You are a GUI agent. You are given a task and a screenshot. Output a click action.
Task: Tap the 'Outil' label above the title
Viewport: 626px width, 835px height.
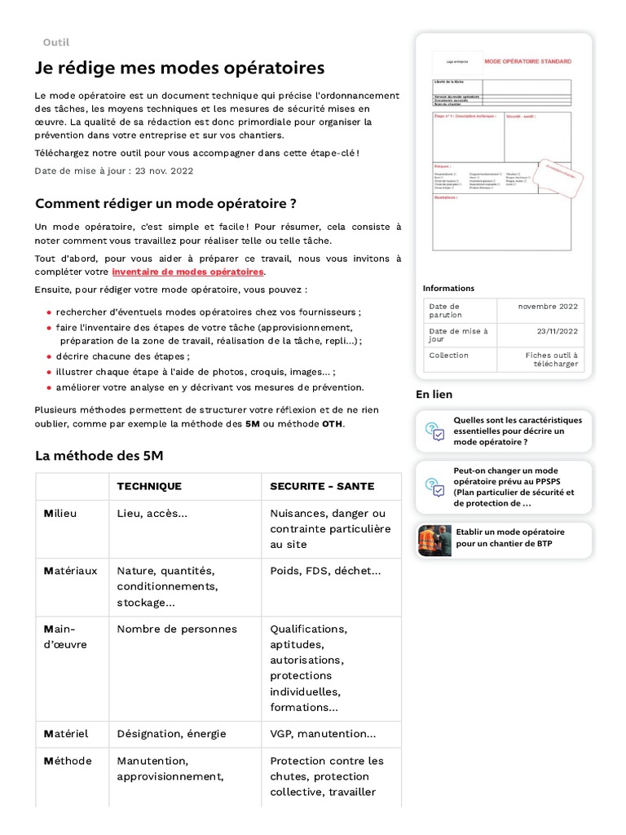coord(55,42)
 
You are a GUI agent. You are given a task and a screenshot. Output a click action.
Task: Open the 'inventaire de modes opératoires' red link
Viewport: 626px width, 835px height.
coord(188,272)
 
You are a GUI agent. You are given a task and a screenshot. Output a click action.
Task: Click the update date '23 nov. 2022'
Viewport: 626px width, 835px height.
coord(164,171)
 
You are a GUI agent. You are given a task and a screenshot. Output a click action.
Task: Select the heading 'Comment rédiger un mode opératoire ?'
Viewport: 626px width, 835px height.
coord(165,203)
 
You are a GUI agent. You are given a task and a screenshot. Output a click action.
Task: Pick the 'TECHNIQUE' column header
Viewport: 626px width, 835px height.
coord(149,487)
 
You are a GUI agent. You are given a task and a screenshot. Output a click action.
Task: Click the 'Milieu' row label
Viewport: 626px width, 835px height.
coord(60,514)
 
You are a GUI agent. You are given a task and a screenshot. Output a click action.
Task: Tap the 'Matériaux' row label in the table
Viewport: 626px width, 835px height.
coord(70,571)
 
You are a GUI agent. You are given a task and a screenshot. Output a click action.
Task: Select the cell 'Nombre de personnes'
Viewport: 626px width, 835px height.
coord(177,630)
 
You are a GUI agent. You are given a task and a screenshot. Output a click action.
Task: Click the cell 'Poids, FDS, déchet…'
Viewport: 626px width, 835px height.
coord(325,571)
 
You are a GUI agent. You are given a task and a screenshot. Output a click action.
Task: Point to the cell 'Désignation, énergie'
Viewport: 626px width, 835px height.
coord(171,735)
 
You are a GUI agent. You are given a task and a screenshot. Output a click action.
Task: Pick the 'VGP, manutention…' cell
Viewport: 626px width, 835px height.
coord(323,735)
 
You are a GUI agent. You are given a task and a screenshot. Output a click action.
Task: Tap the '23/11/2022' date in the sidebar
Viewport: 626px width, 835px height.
coord(557,331)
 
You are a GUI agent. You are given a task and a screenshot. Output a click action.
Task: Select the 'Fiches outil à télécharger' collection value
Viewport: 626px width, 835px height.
coord(552,360)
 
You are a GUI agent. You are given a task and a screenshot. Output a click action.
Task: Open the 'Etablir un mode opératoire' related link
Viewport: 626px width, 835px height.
coord(509,537)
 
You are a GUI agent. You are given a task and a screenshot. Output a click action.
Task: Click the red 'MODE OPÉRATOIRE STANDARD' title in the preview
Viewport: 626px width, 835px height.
coord(527,61)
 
